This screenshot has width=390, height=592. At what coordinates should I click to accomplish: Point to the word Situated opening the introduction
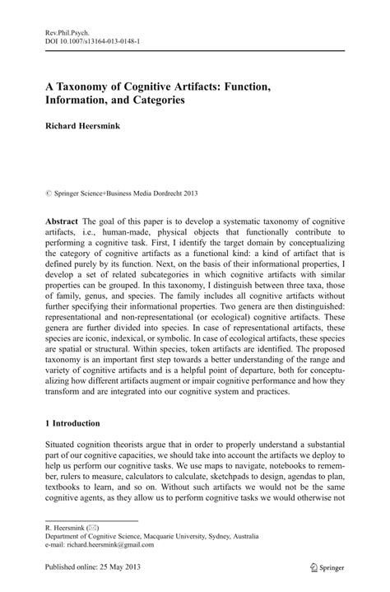click(x=64, y=445)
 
